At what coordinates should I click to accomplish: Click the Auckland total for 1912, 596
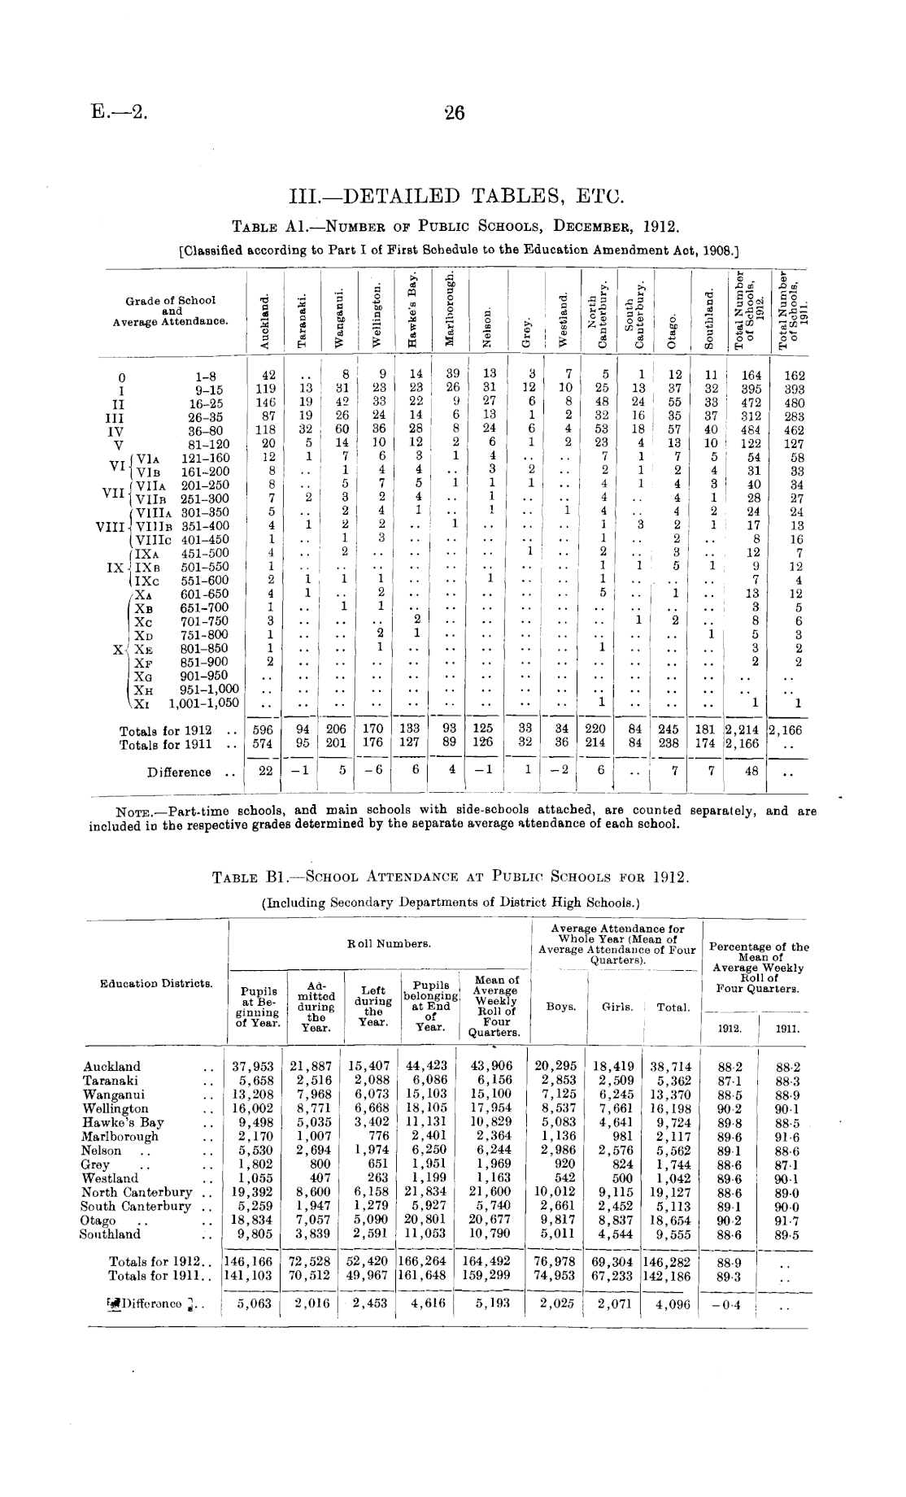[264, 729]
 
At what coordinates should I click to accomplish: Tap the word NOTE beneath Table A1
[137, 811]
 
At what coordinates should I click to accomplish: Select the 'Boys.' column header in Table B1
[560, 1007]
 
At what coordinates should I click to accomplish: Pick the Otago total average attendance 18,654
[670, 1221]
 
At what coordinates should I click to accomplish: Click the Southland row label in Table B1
[110, 1234]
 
